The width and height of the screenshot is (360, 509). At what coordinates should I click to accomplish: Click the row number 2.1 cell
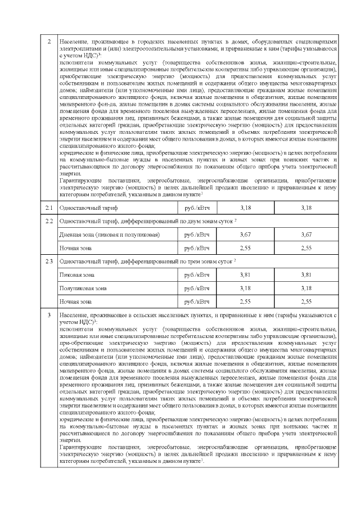(x=49, y=208)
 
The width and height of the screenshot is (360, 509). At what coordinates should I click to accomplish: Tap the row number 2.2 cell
(x=49, y=221)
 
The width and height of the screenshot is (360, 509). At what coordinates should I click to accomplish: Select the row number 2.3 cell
(x=49, y=262)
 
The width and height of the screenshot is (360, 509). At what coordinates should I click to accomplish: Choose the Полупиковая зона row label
(x=83, y=289)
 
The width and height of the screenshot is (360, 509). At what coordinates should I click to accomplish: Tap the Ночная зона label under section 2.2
(x=75, y=248)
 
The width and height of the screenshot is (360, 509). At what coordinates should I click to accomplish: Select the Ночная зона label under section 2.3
(x=75, y=302)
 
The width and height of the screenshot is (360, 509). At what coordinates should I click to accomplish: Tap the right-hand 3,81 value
(x=306, y=275)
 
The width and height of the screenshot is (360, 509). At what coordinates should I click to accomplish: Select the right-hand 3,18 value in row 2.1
(x=306, y=208)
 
